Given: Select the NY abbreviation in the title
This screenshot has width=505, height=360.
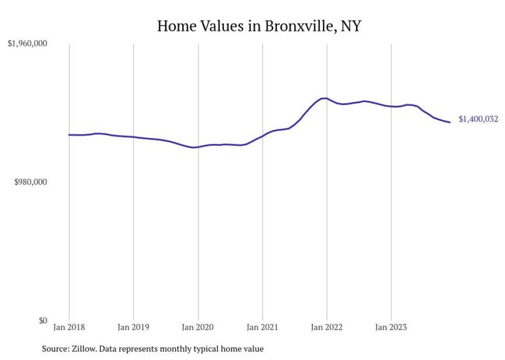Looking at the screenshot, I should point(350,26).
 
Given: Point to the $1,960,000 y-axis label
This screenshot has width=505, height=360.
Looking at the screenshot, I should point(27,44).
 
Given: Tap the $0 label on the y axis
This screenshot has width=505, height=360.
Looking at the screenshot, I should point(43,320).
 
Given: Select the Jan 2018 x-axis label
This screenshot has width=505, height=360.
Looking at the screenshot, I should point(69,327).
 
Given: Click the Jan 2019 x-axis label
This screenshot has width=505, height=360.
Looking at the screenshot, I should point(133,327).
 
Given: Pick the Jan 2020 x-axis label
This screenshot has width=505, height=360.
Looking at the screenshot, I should point(198,327).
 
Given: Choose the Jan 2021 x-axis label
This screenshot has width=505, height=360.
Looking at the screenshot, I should point(262,327).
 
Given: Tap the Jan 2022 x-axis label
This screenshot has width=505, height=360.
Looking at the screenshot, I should point(327,327).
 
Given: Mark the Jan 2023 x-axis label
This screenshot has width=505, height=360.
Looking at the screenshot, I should point(391,327).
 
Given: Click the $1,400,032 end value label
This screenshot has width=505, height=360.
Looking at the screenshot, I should point(478,119).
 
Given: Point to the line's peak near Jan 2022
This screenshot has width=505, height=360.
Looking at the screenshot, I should point(324,98).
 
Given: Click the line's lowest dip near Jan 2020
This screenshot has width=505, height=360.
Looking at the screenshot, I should point(193,147).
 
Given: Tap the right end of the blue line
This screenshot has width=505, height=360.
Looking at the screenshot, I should point(450,122).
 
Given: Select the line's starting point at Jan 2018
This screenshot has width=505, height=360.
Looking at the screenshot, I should point(69,135).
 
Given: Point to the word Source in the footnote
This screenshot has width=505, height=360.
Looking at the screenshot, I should point(54,349).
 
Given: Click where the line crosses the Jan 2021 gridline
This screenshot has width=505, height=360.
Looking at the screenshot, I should point(262,136).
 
